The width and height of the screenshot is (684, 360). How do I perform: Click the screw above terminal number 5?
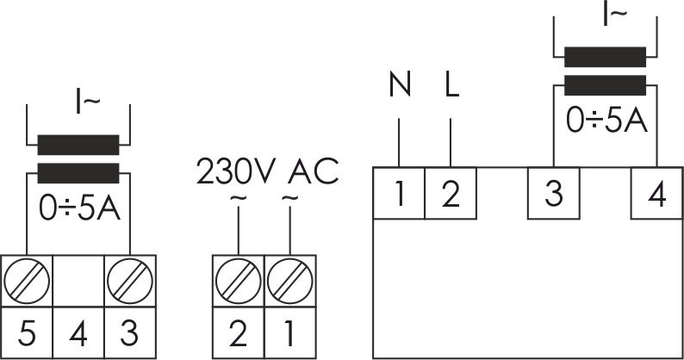26,279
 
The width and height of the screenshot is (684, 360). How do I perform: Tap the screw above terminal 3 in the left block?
129,279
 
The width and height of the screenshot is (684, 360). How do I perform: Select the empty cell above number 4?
78,279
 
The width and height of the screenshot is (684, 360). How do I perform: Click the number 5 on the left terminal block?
26,332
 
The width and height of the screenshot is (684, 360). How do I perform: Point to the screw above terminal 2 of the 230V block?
237,279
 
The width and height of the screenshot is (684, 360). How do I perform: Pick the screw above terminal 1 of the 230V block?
288,279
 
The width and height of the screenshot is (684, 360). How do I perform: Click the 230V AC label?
268,171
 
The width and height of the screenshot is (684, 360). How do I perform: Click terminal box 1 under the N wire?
400,195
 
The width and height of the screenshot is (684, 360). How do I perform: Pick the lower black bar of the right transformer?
605,84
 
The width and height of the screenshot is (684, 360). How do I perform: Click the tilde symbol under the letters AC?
289,200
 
